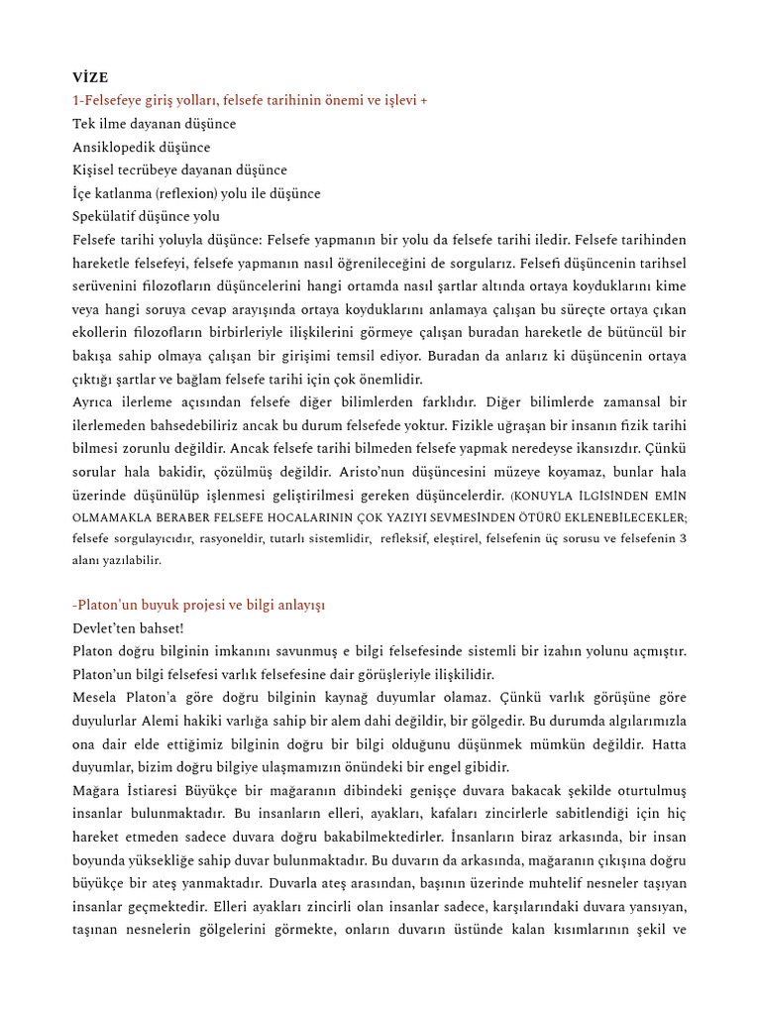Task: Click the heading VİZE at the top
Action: tap(90, 77)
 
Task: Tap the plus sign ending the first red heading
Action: tap(424, 100)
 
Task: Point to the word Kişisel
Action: tap(96, 170)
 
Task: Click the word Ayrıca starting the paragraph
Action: tap(95, 402)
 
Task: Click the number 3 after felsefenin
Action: tap(683, 538)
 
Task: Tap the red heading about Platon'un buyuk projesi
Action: tap(199, 605)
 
